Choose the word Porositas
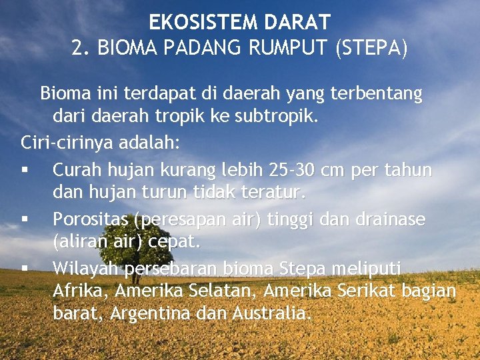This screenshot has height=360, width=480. pos(91,219)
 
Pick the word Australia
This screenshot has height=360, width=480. pos(271,313)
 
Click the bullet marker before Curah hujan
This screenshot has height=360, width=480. pos(25,171)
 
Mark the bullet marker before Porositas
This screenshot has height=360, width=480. pos(25,219)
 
